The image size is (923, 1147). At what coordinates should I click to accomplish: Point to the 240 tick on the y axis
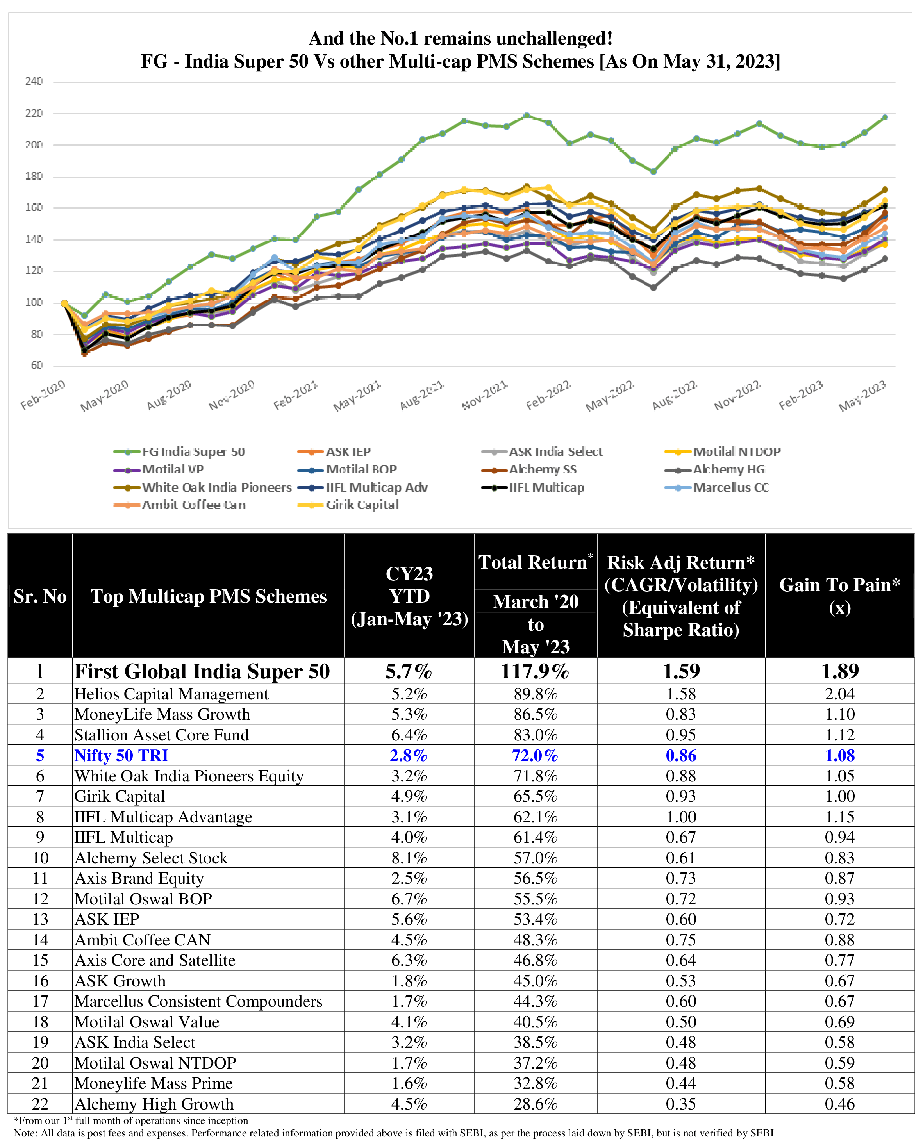pos(34,81)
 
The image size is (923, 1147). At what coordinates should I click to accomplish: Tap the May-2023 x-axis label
pos(862,395)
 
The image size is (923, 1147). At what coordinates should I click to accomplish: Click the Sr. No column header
pos(40,596)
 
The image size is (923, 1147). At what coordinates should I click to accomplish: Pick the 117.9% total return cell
pos(535,671)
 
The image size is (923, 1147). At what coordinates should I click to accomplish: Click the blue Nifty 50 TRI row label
pos(121,755)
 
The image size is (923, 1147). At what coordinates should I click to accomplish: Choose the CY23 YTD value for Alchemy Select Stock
pos(409,858)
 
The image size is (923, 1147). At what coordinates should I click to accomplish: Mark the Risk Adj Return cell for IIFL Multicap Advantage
pos(681,817)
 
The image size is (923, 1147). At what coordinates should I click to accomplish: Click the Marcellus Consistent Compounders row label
pos(198,1001)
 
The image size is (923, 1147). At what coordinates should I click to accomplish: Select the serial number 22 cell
pos(40,1104)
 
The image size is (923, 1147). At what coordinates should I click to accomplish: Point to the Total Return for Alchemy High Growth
pos(535,1104)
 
